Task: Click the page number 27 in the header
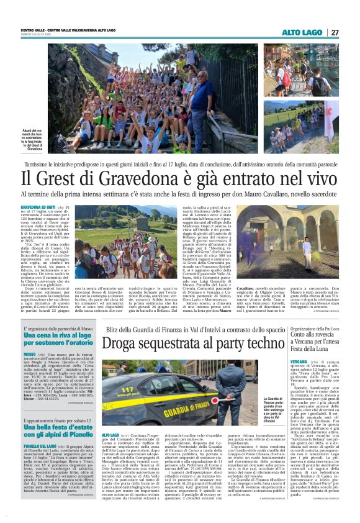[x=335, y=32]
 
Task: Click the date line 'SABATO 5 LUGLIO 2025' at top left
[x=36, y=35]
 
